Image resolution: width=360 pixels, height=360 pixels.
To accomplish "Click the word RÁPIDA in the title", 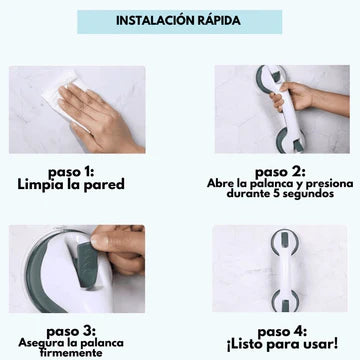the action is click(x=218, y=20).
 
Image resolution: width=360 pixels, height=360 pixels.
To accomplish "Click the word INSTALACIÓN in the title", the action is click(x=154, y=21).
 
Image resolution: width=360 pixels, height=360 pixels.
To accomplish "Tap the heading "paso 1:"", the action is click(x=71, y=173).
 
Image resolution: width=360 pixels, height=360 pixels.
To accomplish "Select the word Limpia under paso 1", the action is click(x=40, y=184).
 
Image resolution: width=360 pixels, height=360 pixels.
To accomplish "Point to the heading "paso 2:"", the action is click(x=280, y=173).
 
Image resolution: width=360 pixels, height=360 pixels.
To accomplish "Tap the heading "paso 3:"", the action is click(x=71, y=332).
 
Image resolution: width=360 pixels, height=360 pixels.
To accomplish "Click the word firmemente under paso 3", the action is click(x=71, y=352).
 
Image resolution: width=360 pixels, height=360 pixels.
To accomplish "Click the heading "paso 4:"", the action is click(x=282, y=332).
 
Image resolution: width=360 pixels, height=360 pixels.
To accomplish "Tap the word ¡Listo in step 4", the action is click(x=246, y=344).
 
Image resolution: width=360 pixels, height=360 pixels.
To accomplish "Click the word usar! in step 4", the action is click(x=322, y=344).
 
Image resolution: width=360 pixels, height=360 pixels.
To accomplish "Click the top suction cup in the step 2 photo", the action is click(x=271, y=79).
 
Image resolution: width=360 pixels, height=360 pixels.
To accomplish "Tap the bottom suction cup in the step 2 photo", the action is click(x=291, y=140).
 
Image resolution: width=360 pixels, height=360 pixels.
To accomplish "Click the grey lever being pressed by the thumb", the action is click(x=87, y=264).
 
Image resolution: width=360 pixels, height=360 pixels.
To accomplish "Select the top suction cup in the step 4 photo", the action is click(x=284, y=241).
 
